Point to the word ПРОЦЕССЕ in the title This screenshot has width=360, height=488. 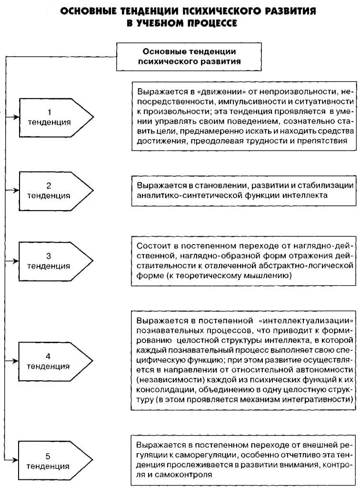click(x=209, y=22)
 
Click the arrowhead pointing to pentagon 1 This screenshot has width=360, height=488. click(x=16, y=117)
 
